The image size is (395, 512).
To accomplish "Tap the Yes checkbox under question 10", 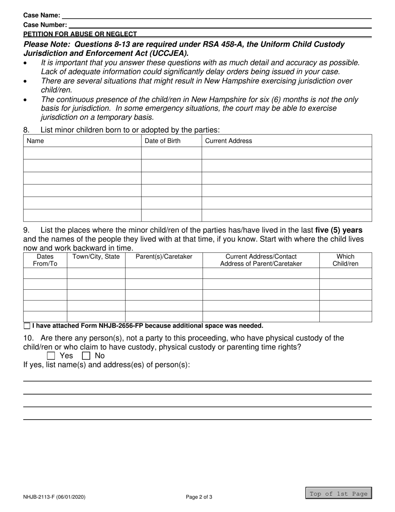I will [51, 356].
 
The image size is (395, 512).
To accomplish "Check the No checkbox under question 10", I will [86, 356].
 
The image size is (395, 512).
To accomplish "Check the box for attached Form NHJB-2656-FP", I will [27, 326].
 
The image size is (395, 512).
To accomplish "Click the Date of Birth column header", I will [163, 141].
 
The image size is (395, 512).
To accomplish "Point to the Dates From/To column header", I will [45, 260].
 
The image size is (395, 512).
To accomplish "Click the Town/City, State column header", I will [96, 257].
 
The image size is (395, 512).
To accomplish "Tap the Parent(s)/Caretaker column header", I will [164, 257].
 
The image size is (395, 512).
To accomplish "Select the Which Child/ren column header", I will [345, 260].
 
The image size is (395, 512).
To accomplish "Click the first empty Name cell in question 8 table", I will [82, 153].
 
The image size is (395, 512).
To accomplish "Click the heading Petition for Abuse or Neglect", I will [80, 34].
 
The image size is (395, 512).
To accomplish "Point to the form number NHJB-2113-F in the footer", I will [54, 497].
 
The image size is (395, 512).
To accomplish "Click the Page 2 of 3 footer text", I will [199, 497].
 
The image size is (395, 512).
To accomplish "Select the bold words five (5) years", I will [338, 230].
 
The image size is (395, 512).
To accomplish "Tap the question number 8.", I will [27, 130].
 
